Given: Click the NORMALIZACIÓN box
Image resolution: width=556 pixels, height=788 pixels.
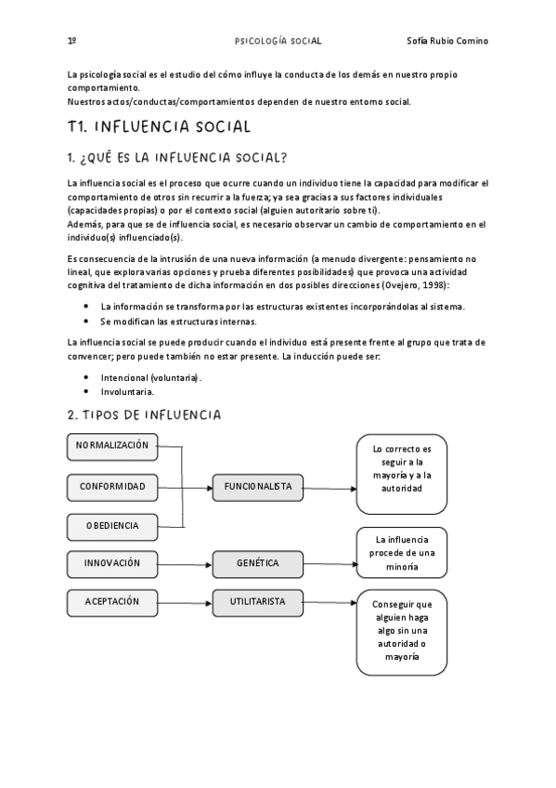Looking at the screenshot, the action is pos(112,446).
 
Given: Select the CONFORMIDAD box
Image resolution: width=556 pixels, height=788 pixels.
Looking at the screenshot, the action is pos(112,486).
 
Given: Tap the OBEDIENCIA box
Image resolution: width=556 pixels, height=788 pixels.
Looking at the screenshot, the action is pos(112,526).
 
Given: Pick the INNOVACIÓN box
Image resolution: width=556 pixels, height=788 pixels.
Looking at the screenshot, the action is pos(112,563).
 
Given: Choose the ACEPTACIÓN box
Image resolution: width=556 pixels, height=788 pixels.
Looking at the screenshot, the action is pos(112,602).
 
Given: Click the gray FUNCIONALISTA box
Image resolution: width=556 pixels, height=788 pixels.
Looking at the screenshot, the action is pos(257,486).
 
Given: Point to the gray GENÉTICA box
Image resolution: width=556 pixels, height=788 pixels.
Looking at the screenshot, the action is pos(257,563).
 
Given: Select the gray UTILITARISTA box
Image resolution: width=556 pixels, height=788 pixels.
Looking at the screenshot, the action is pos(257,602).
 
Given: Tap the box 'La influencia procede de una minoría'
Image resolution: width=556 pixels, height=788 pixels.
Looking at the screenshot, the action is pos(402,553).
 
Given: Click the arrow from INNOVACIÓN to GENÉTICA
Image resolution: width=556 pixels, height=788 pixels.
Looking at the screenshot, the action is pos(184,564).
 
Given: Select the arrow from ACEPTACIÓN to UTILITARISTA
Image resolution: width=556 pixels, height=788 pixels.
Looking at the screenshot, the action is pos(184,602).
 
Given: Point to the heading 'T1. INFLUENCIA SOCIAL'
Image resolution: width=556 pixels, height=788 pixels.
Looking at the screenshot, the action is pos(159,126).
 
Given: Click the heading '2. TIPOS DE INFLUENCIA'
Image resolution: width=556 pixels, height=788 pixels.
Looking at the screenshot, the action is pos(144,414).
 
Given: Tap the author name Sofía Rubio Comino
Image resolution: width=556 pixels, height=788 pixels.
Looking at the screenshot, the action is pos(447,41).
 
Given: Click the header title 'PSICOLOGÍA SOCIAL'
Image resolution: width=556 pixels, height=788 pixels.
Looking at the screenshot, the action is pos(278,41).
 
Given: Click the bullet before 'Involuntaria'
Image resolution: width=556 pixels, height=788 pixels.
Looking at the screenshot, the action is pos(86,391).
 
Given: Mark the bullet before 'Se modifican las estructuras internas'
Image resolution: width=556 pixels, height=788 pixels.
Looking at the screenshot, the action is pos(86,321).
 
